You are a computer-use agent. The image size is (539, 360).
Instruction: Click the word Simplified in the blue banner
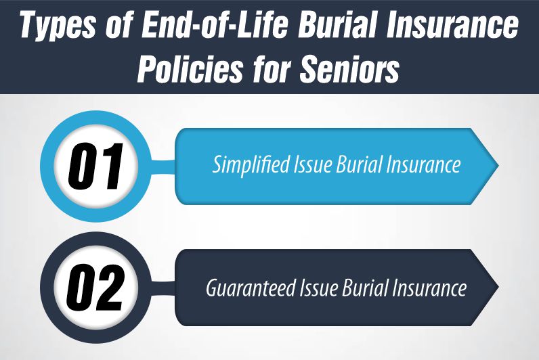246,165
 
